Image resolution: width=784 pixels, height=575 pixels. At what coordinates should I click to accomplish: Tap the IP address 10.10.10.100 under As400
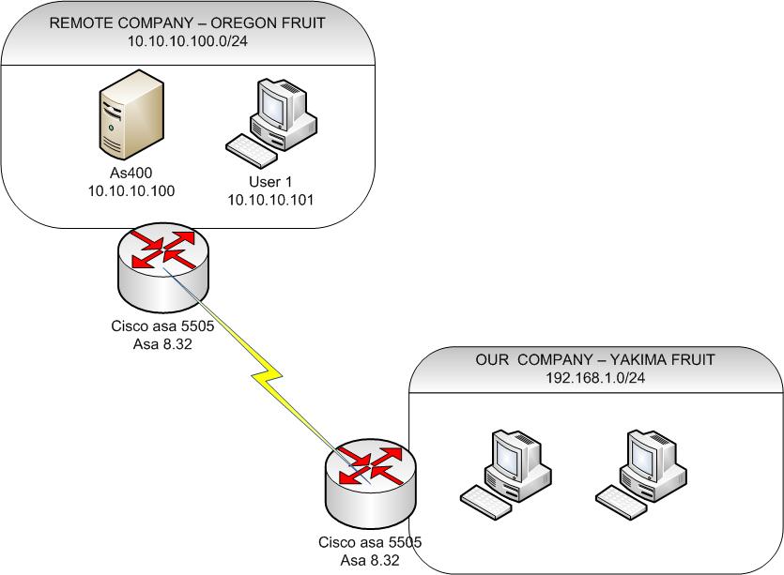(131, 190)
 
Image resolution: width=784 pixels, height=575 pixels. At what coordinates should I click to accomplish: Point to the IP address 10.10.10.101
(270, 199)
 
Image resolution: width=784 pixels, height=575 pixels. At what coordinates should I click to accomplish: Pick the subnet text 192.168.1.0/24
(594, 379)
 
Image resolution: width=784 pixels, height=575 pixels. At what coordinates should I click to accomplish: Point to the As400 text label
(131, 174)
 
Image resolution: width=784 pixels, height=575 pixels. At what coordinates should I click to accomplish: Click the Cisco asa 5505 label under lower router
(370, 542)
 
